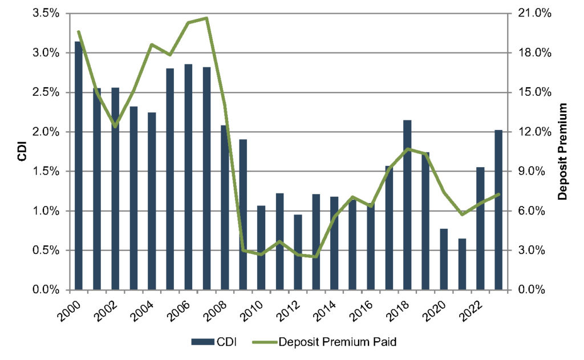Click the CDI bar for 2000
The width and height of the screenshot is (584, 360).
click(x=79, y=165)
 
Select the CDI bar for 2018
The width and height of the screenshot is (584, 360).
click(x=407, y=205)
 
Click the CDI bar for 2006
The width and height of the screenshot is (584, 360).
click(x=188, y=177)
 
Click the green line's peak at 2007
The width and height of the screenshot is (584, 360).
click(x=206, y=18)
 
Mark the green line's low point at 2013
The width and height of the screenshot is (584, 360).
click(x=316, y=257)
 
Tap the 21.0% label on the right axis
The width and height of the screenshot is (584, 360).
click(x=533, y=13)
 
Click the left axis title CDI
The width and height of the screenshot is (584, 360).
click(x=22, y=152)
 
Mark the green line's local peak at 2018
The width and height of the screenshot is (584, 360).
click(x=407, y=149)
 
